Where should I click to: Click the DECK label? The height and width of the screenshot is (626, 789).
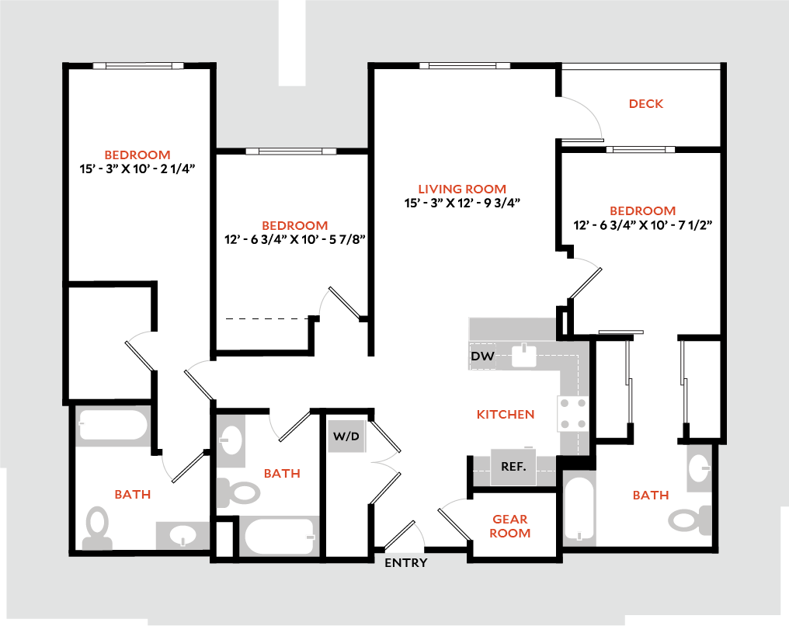point(646,104)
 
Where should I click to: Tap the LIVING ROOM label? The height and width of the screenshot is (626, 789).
point(462,189)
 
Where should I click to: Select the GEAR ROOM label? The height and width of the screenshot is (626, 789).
point(510,526)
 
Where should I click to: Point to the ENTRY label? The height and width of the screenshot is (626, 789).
point(406,562)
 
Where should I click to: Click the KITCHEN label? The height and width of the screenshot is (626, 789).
point(506,415)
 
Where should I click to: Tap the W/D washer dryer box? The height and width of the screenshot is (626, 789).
point(346,436)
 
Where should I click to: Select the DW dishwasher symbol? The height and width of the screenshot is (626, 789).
point(482,356)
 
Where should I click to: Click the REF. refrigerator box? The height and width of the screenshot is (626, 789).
point(514,468)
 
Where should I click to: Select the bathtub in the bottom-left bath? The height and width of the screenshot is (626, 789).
point(113,427)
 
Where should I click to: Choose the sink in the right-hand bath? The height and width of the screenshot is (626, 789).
point(698,468)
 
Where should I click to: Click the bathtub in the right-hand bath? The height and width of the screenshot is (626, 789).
point(579,509)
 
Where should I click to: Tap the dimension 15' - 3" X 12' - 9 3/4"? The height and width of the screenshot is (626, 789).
point(462,203)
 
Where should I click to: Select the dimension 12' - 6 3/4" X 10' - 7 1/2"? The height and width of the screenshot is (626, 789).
point(643,225)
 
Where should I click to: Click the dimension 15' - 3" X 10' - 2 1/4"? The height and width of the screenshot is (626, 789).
point(137,169)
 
